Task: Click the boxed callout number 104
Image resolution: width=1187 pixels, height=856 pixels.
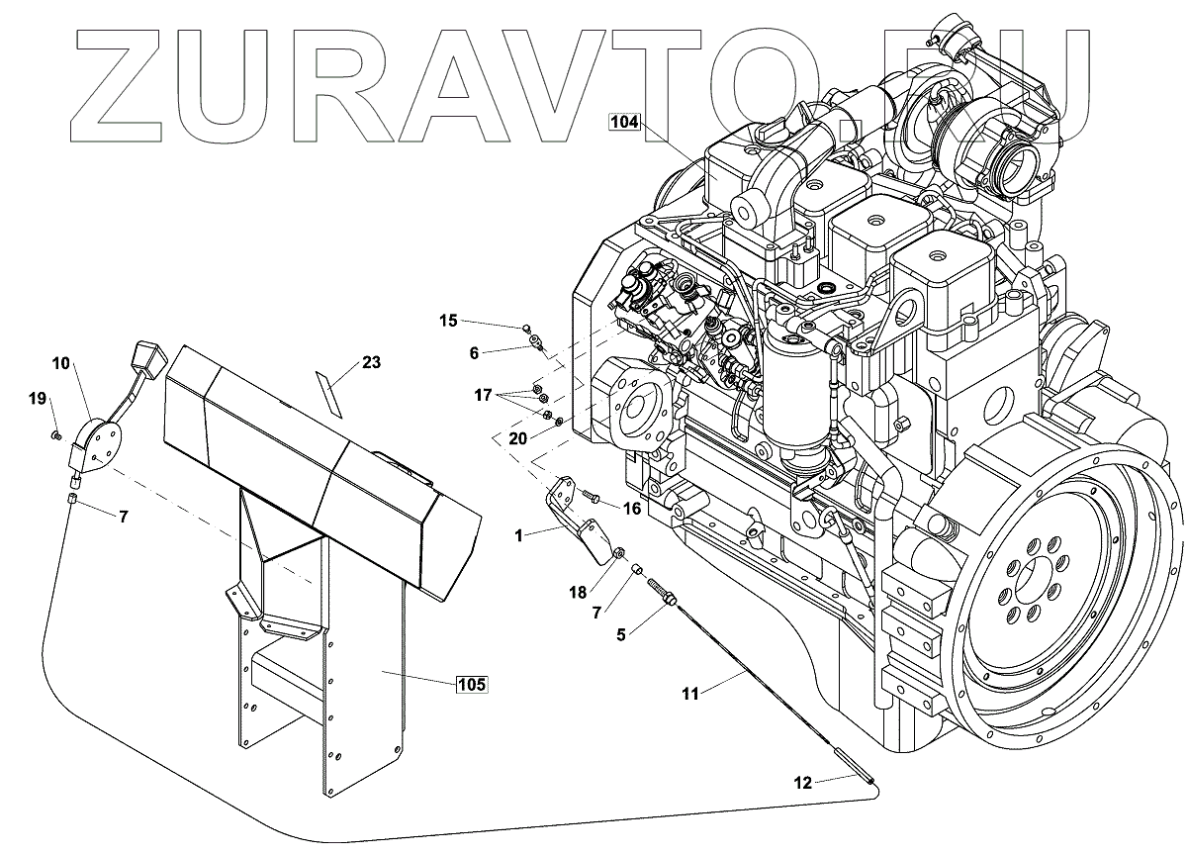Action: (625, 124)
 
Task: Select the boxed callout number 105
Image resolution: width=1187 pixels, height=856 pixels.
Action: (472, 684)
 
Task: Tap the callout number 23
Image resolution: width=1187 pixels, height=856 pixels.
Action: (371, 363)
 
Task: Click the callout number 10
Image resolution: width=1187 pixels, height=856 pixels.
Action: (61, 363)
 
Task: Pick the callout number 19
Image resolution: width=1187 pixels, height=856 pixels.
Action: (38, 399)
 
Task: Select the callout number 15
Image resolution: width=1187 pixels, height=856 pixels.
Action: (449, 320)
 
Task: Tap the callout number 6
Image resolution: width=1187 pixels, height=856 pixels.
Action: (473, 352)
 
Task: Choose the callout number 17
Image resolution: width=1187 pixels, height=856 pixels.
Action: (482, 395)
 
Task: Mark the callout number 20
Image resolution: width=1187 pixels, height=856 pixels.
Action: (517, 437)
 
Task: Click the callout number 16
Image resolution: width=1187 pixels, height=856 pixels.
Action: (631, 507)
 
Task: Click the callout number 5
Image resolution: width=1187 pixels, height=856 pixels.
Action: (621, 635)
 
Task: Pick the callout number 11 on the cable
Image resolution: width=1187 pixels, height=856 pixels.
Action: (690, 694)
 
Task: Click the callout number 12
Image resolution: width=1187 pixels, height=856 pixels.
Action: (802, 783)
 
